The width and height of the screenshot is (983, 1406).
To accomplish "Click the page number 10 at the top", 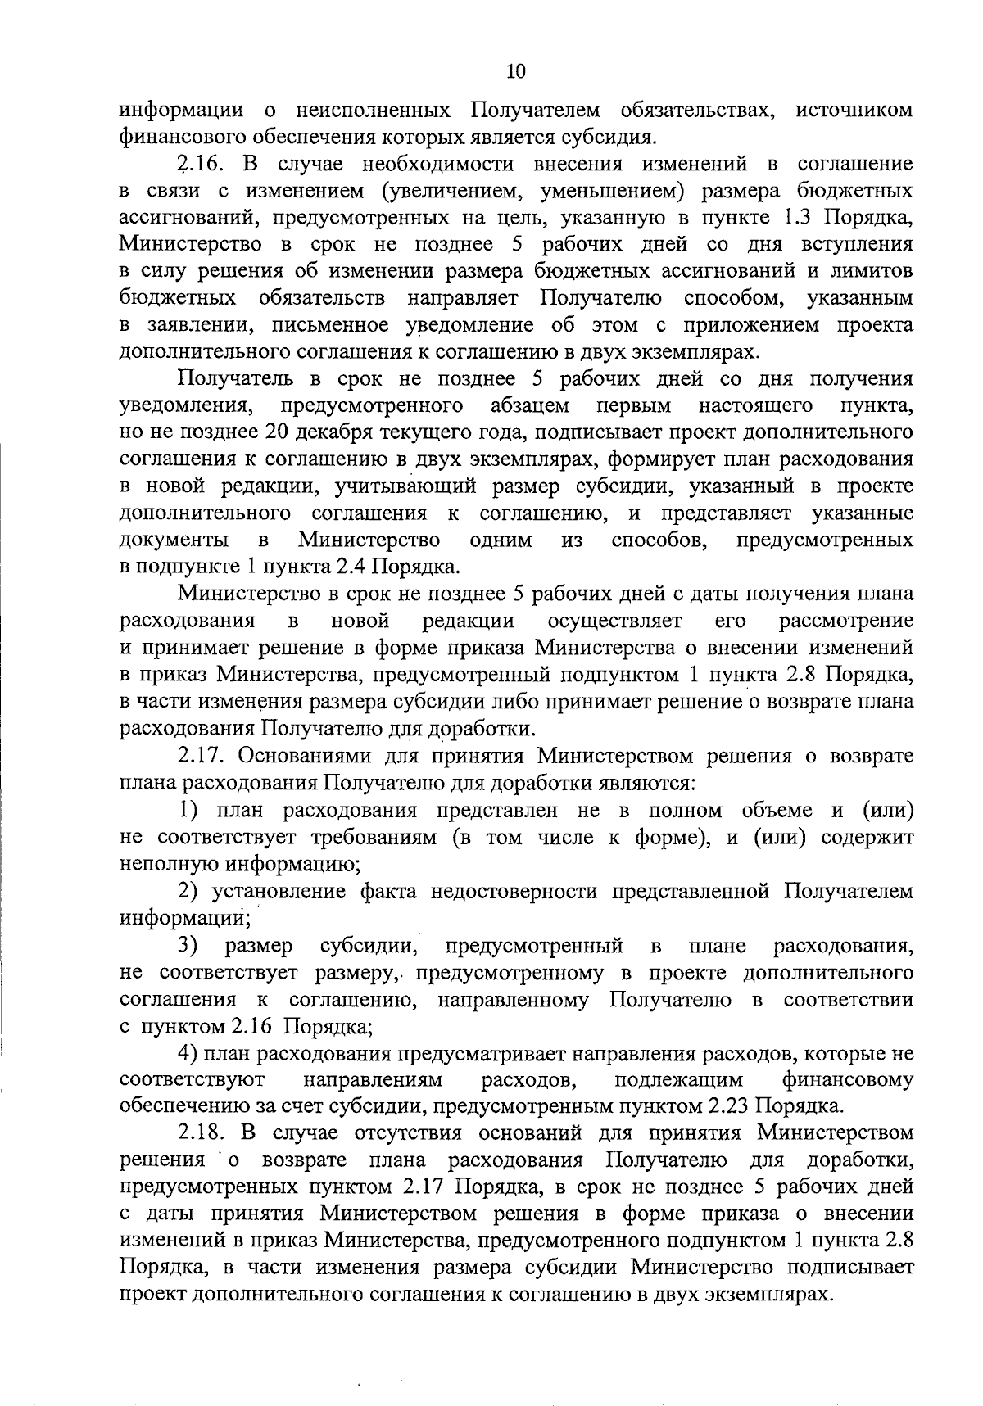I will (x=515, y=71).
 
